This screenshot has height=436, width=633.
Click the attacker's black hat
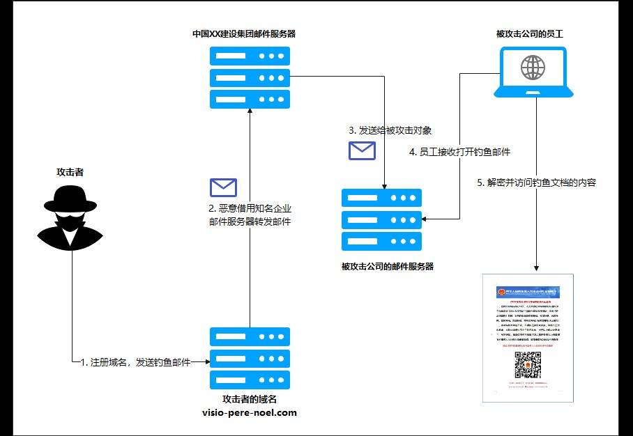pyautogui.click(x=70, y=199)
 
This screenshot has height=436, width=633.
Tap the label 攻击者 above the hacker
pyautogui.click(x=70, y=171)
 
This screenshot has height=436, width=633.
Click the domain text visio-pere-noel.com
pyautogui.click(x=249, y=412)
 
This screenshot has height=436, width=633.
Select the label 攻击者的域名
pyautogui.click(x=249, y=399)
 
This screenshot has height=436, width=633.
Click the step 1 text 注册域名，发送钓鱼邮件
pyautogui.click(x=135, y=362)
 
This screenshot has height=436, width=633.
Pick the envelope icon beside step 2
pyautogui.click(x=223, y=187)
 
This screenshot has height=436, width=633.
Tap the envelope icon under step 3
pyautogui.click(x=362, y=150)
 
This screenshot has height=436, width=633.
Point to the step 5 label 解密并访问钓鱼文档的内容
pyautogui.click(x=537, y=183)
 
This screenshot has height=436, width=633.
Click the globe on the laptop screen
pyautogui.click(x=533, y=68)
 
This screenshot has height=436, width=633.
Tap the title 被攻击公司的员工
pyautogui.click(x=534, y=33)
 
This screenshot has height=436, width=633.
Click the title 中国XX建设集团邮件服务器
pyautogui.click(x=249, y=33)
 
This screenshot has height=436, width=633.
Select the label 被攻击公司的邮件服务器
pyautogui.click(x=388, y=266)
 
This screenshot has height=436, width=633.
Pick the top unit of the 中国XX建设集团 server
pyautogui.click(x=250, y=56)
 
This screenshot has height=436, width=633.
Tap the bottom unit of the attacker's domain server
pyautogui.click(x=250, y=381)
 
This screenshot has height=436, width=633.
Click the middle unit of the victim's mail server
pyautogui.click(x=381, y=219)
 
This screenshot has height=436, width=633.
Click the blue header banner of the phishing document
pyautogui.click(x=528, y=291)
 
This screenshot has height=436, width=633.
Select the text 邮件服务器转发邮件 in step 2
pyautogui.click(x=249, y=221)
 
